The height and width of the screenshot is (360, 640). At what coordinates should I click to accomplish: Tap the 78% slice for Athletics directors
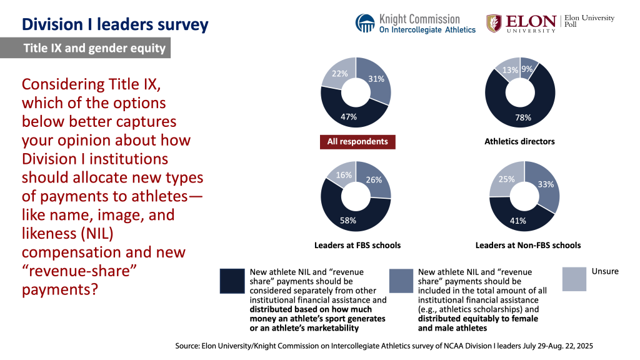523,117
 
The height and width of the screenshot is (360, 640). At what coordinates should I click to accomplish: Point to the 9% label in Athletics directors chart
529,69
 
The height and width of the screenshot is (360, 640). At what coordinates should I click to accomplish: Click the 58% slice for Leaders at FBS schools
348,220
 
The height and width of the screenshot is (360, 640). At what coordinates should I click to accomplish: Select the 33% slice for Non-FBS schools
545,184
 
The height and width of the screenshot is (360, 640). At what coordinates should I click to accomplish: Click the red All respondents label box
357,142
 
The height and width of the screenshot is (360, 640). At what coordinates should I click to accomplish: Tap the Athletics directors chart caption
519,142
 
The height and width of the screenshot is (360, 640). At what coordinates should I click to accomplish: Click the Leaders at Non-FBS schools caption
527,245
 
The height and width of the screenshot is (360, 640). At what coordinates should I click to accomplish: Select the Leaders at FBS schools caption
357,245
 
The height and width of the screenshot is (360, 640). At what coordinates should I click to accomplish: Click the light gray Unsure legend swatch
574,279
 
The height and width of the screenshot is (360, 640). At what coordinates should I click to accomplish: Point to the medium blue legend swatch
401,281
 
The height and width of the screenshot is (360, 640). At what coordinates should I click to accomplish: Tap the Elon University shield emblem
494,23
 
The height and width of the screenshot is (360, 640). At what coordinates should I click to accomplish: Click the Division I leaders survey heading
116,25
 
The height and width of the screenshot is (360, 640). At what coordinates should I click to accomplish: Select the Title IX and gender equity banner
94,49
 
